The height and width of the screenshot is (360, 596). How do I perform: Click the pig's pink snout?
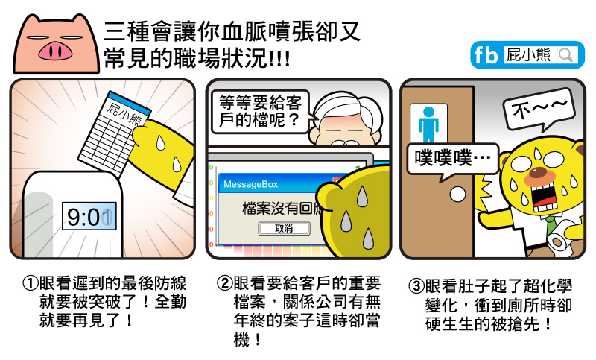(x=55, y=51)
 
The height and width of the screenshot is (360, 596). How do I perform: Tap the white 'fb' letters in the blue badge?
(x=486, y=55)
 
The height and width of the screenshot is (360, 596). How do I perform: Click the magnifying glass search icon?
(x=565, y=55)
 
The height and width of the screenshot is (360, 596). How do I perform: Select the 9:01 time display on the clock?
(x=89, y=217)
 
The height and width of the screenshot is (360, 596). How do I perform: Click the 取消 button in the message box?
(x=285, y=229)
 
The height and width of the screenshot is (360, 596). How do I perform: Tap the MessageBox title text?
(x=251, y=184)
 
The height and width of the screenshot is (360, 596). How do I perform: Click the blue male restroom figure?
(x=429, y=124)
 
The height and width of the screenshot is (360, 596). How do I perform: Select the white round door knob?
(x=457, y=195)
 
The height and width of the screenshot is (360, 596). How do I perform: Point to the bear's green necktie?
(x=550, y=225)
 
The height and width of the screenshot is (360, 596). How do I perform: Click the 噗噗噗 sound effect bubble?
(x=452, y=160)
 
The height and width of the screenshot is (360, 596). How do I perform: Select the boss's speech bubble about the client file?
(x=260, y=111)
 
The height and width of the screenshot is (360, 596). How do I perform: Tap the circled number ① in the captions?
(x=31, y=282)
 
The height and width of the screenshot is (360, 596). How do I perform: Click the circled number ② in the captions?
(x=225, y=282)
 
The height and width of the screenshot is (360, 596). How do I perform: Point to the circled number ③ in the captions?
(x=416, y=286)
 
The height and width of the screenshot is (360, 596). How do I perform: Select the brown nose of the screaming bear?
(x=539, y=172)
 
